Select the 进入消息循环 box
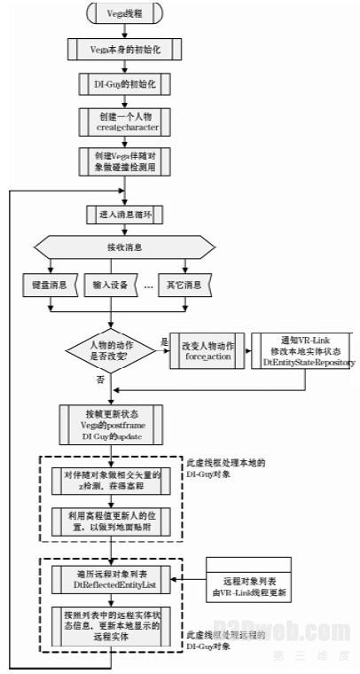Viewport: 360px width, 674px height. click(x=111, y=215)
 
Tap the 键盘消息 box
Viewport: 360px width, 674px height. click(x=49, y=285)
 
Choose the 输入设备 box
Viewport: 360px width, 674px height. click(x=111, y=285)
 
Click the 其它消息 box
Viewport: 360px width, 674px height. click(x=184, y=285)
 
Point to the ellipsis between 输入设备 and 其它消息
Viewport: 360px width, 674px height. click(x=148, y=286)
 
